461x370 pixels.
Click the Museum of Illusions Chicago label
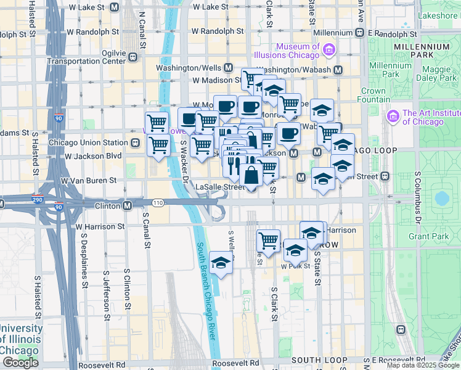pyautogui.click(x=298, y=51)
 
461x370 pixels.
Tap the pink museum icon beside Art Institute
pyautogui.click(x=393, y=116)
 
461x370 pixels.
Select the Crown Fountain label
pyautogui.click(x=373, y=95)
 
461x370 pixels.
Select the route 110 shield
pyautogui.click(x=159, y=202)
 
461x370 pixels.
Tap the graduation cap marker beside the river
pyautogui.click(x=220, y=263)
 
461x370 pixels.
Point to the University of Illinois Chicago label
pyautogui.click(x=20, y=339)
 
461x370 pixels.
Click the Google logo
pyautogui.click(x=20, y=363)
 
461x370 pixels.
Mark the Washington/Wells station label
pyautogui.click(x=189, y=68)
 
